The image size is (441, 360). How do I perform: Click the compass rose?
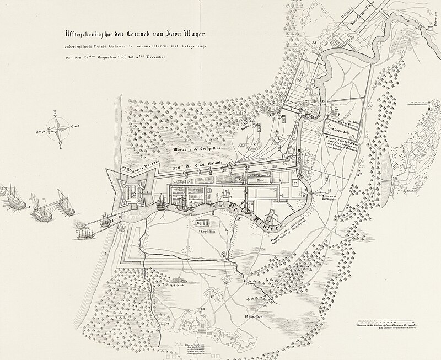pos(57,128)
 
